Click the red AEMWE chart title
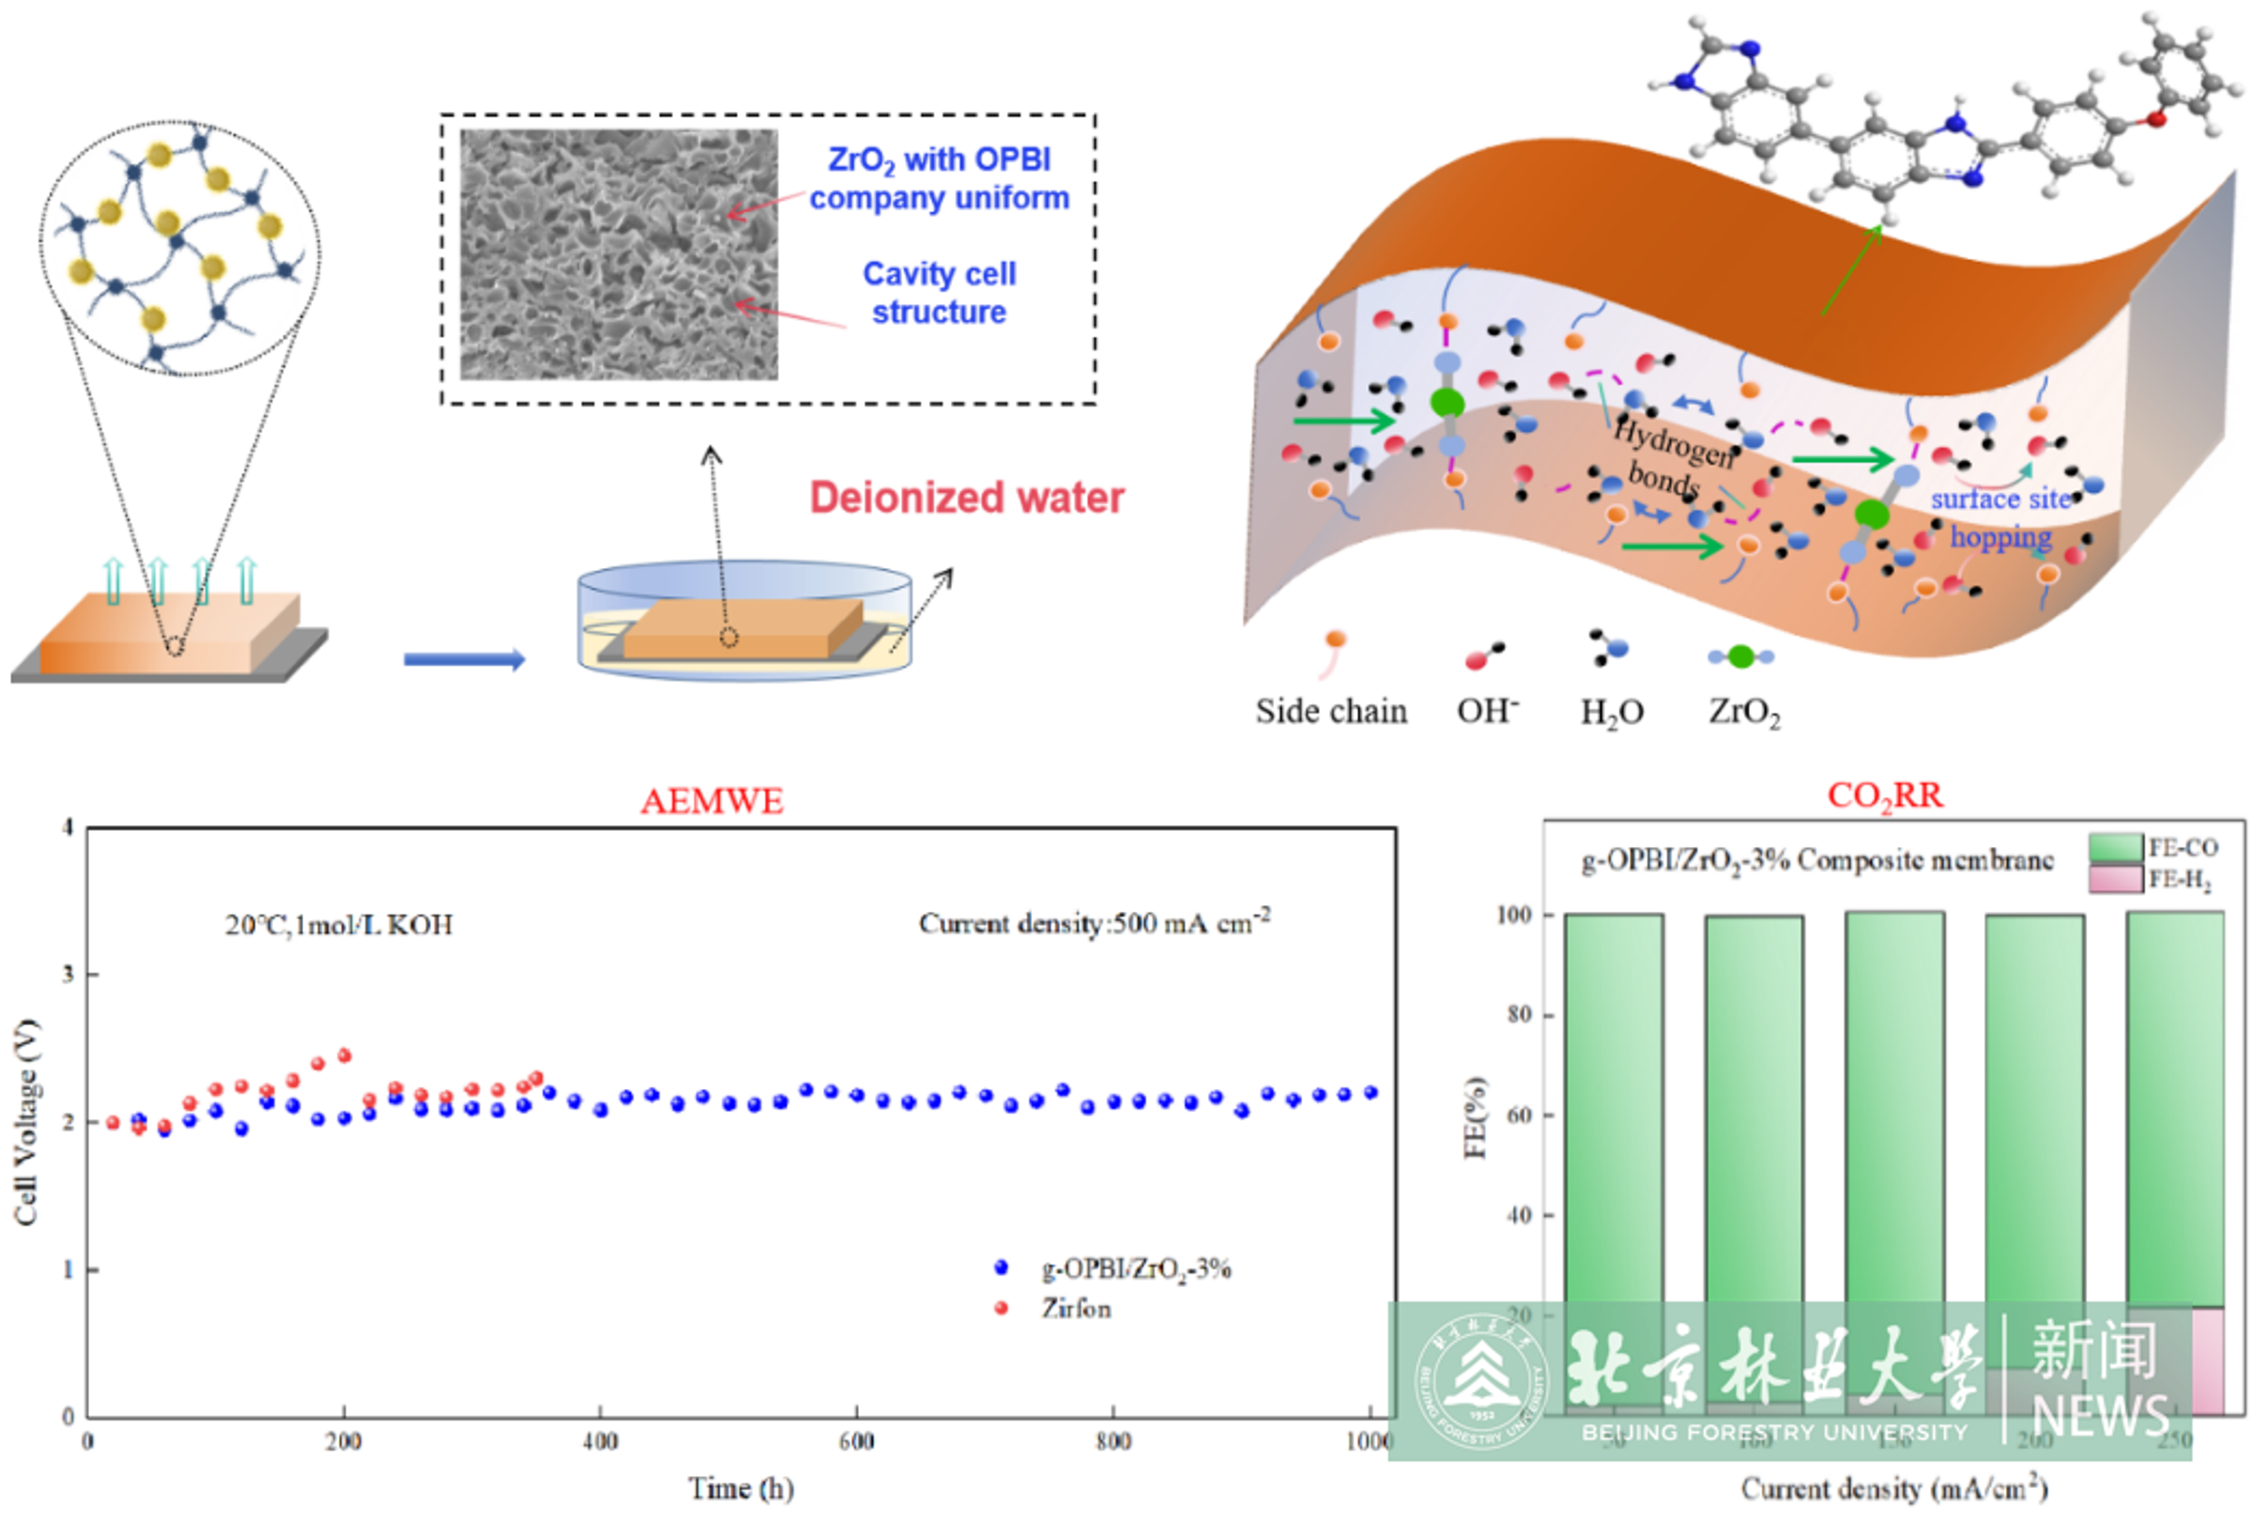712,801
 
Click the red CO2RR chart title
1885,796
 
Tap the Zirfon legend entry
1075,1309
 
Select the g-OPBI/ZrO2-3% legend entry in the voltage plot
1135,1268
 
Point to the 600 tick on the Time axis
857,1441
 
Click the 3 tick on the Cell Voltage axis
68,974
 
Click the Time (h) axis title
741,1488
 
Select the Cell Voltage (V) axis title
25,1122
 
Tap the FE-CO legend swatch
2114,847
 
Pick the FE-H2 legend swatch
2114,879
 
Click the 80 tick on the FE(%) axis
1517,1014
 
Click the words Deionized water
967,498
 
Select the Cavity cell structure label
939,293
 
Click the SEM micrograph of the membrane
619,254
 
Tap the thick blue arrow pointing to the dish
465,659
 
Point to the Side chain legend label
1331,711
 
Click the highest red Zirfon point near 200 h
344,1055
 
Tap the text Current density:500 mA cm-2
1094,923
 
